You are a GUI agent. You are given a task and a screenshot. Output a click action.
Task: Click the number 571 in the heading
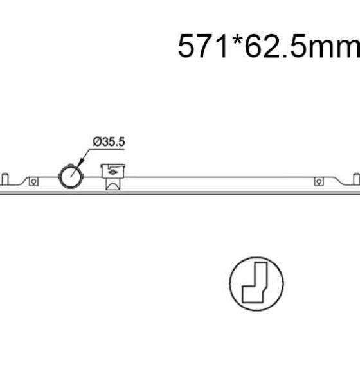203,46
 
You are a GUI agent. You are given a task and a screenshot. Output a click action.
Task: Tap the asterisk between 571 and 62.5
237,40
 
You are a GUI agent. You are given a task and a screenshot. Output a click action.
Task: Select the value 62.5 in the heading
276,46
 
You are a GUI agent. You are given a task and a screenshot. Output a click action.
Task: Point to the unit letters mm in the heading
334,49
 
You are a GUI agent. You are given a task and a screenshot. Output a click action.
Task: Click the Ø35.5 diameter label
109,141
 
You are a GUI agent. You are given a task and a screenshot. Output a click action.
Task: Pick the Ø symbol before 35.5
96,141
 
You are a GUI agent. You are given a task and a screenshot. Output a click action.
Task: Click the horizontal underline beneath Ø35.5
107,150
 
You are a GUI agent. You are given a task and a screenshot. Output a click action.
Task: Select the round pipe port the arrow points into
71,176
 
